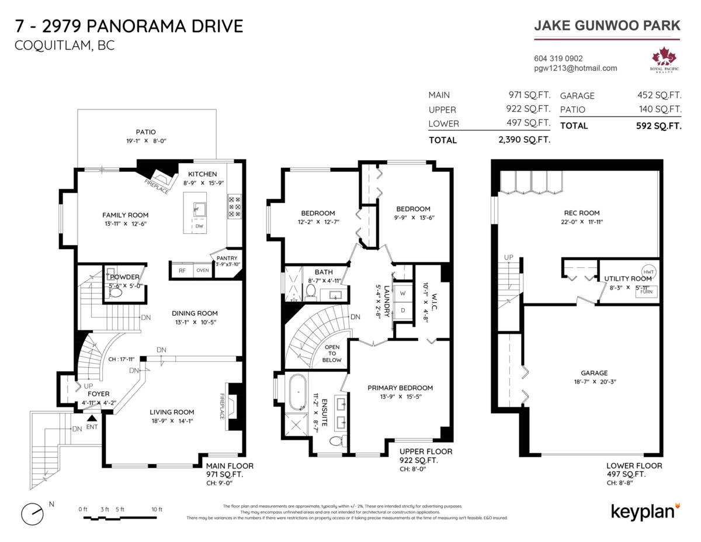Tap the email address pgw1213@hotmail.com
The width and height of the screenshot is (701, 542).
(x=575, y=68)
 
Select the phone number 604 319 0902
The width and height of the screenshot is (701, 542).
(x=558, y=58)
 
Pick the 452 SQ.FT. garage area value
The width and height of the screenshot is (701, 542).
(x=660, y=95)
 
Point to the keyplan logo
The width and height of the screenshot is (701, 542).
(x=646, y=511)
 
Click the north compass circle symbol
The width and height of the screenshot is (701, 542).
(x=32, y=513)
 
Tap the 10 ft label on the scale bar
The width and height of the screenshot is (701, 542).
(x=157, y=509)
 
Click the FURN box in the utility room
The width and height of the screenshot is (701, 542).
(x=647, y=291)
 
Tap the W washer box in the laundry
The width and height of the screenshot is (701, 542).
(x=402, y=293)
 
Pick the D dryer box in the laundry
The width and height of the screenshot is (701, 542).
(x=402, y=310)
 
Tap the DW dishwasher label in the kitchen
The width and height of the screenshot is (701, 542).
(x=199, y=226)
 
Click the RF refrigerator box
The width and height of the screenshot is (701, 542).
(x=182, y=270)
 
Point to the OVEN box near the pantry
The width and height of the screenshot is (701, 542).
(x=202, y=270)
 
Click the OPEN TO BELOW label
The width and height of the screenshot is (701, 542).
(x=332, y=353)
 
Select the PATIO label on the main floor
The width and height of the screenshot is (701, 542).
(x=146, y=132)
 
